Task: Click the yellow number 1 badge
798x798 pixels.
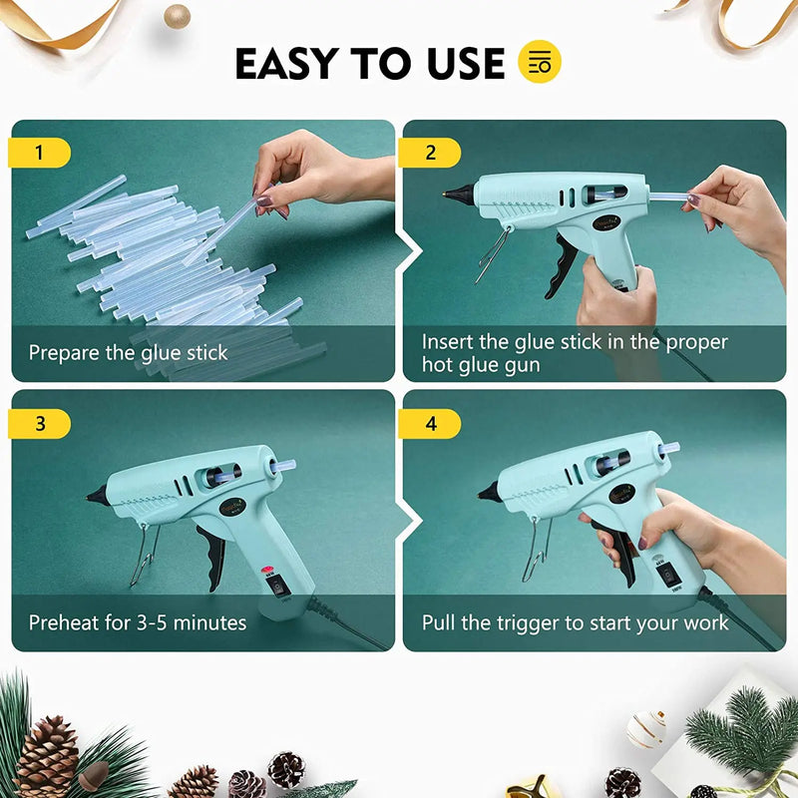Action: tap(39, 153)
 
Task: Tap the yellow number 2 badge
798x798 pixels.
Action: tap(430, 153)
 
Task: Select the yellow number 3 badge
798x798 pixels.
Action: tap(39, 423)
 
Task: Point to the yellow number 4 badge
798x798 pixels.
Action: tap(430, 423)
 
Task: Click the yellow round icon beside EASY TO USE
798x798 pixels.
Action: tap(541, 62)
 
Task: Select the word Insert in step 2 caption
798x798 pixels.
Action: tap(448, 342)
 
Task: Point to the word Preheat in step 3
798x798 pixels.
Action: tap(65, 622)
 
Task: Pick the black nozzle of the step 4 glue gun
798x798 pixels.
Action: tap(490, 492)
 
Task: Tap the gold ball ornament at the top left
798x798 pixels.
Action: tap(177, 15)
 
